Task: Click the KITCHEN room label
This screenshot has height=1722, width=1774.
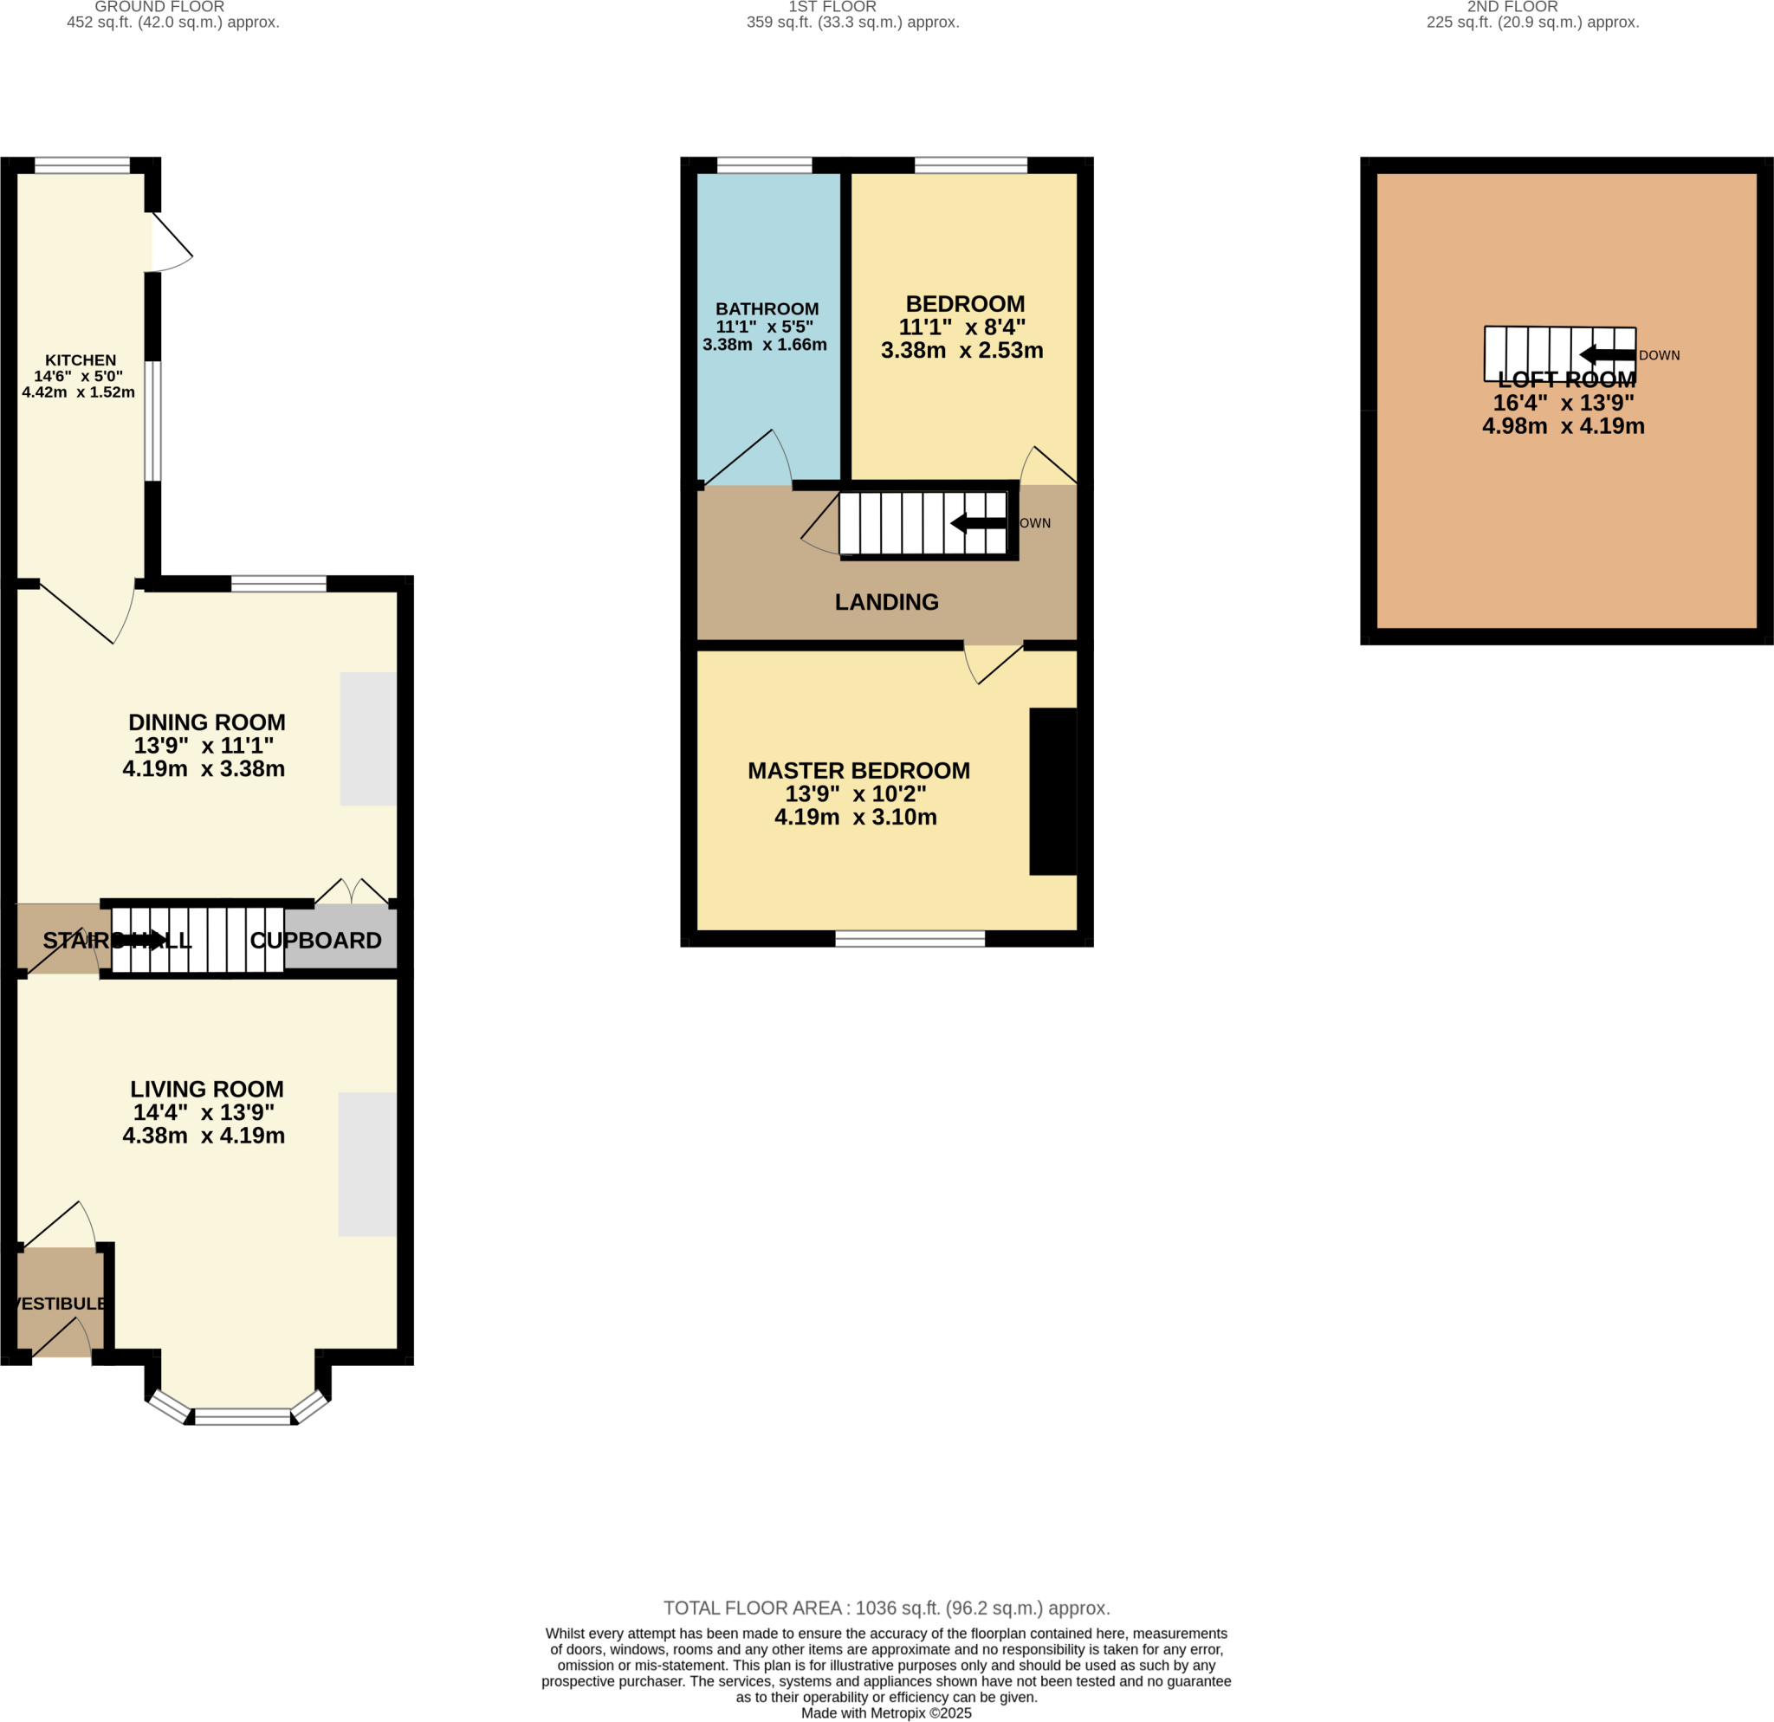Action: tap(81, 360)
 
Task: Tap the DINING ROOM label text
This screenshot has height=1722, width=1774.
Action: tap(206, 722)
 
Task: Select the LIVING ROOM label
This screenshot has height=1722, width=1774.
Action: tap(206, 1089)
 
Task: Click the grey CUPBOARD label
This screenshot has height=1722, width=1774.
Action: tap(316, 940)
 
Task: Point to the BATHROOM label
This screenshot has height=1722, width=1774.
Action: tap(767, 308)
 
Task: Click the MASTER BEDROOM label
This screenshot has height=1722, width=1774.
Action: tap(858, 770)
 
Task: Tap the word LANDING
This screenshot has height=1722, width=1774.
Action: tap(886, 602)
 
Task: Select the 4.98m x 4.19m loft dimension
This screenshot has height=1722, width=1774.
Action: tap(1564, 426)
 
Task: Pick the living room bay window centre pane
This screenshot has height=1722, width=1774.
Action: tap(243, 1417)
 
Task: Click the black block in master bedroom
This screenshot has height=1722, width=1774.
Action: tap(1052, 791)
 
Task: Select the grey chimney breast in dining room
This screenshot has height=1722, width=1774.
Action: tap(367, 738)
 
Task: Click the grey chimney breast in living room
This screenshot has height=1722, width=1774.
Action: tap(366, 1163)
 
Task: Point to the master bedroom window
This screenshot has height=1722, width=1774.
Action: tap(910, 939)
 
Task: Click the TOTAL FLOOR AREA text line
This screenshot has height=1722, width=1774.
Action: tap(886, 1608)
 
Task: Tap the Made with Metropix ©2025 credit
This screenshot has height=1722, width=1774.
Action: tap(886, 1713)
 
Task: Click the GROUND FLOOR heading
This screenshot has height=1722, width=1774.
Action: tap(159, 7)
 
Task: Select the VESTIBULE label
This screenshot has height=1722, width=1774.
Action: tap(62, 1304)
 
